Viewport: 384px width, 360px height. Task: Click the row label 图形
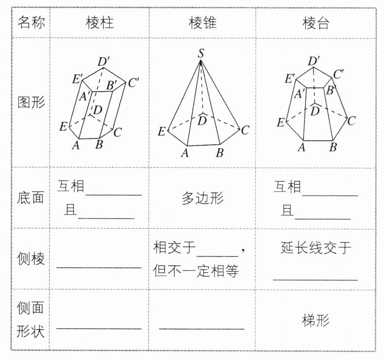[x=31, y=103]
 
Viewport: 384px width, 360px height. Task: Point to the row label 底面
[x=31, y=198]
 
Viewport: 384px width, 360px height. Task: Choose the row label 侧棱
[x=31, y=259]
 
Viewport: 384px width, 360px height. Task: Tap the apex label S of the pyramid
[x=201, y=53]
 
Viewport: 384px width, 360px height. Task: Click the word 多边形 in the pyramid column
[x=202, y=198]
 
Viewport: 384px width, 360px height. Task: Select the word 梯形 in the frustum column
[x=316, y=320]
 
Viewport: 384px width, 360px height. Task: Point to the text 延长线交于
[x=316, y=248]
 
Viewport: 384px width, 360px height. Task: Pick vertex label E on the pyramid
[x=162, y=131]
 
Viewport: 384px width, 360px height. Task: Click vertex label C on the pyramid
[x=245, y=130]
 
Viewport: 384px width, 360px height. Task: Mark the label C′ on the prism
[x=134, y=82]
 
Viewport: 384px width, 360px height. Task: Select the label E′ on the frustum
[x=290, y=78]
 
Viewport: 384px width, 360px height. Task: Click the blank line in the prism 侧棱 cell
[x=99, y=266]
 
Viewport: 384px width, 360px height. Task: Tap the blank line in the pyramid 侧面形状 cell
[x=202, y=328]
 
